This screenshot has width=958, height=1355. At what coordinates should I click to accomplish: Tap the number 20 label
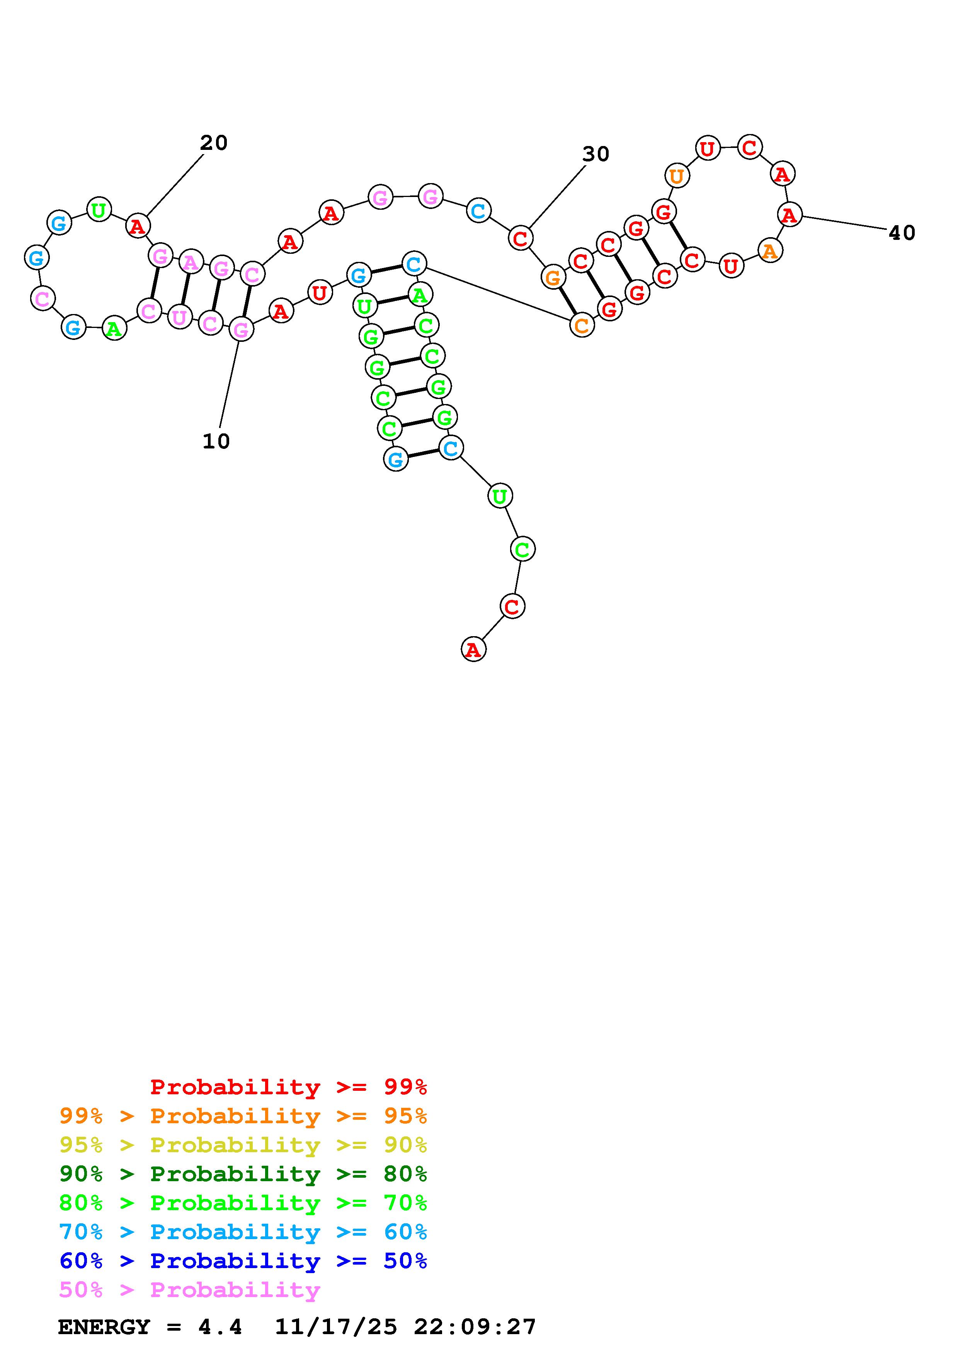pos(214,143)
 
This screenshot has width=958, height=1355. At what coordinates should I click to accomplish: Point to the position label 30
pos(596,154)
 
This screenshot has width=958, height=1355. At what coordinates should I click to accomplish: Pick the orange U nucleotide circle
pos(677,175)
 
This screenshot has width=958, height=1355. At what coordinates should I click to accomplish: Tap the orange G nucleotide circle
pos(553,277)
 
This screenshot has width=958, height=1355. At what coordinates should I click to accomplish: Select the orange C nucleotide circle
pos(582,325)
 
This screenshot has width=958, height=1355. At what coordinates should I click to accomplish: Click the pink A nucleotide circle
pos(190,261)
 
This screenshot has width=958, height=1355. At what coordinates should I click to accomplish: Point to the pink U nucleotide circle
pos(179,318)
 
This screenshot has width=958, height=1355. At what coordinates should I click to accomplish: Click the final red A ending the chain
pos(473,650)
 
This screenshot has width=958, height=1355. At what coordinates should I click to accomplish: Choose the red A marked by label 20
pos(138,226)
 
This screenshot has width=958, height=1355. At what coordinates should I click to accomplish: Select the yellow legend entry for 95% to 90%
pos(243,1145)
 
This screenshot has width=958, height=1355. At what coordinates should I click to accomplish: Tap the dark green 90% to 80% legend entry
pos(243,1174)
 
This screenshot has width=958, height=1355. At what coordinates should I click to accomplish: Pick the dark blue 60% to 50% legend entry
pos(243,1261)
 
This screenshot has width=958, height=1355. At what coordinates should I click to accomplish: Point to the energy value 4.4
pos(220,1327)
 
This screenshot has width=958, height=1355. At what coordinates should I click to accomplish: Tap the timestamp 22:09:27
pos(475,1327)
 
